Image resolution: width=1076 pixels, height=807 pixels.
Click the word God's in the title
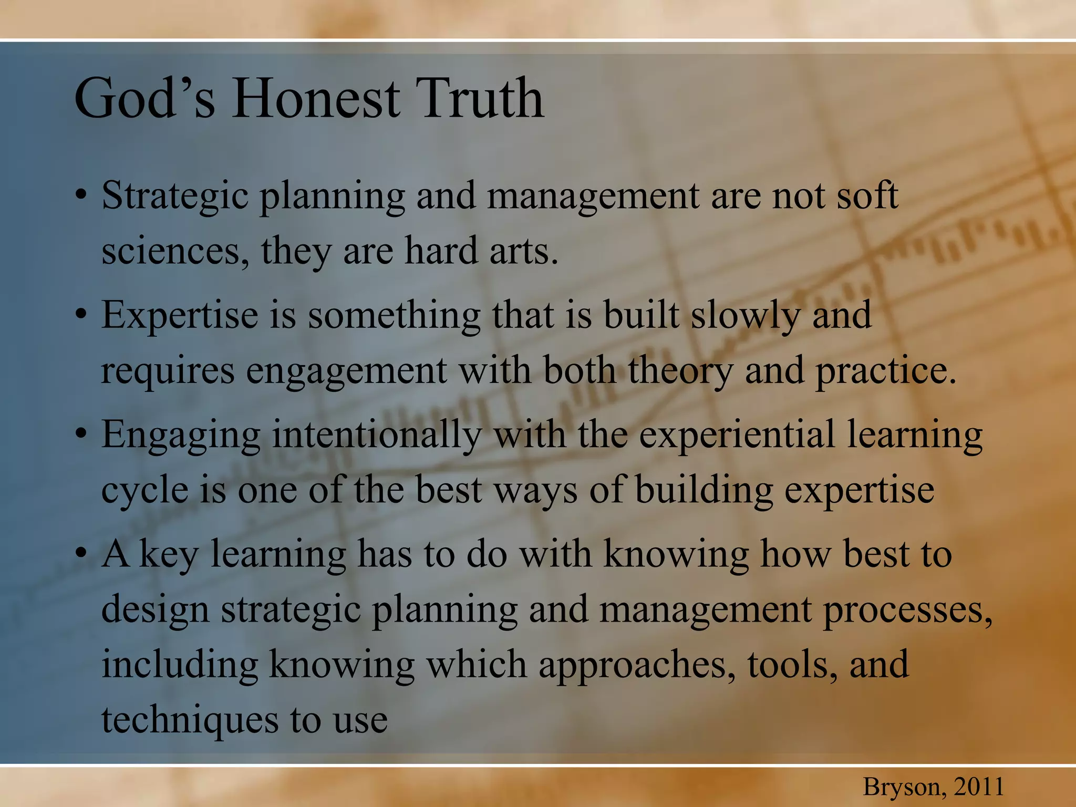pyautogui.click(x=145, y=98)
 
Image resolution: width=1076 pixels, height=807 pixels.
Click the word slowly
pyautogui.click(x=746, y=316)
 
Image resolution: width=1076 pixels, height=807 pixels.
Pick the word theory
pyautogui.click(x=680, y=370)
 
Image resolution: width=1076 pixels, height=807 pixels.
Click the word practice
pyautogui.click(x=885, y=370)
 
